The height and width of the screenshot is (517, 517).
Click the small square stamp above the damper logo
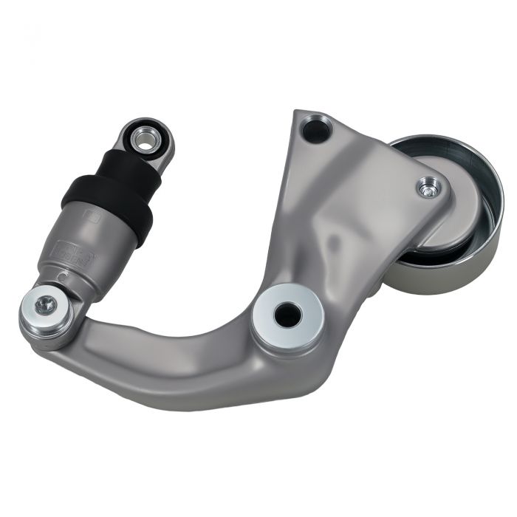93,216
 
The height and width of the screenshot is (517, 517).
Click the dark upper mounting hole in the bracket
315,131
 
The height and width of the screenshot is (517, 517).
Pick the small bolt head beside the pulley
427,188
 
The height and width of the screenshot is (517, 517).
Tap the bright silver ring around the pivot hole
267,325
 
